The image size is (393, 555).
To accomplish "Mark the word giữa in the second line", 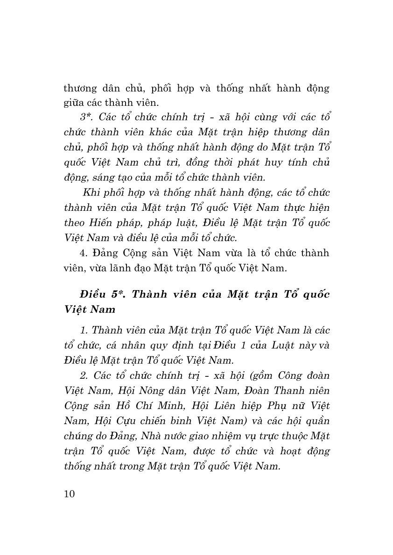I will pos(74,102).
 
